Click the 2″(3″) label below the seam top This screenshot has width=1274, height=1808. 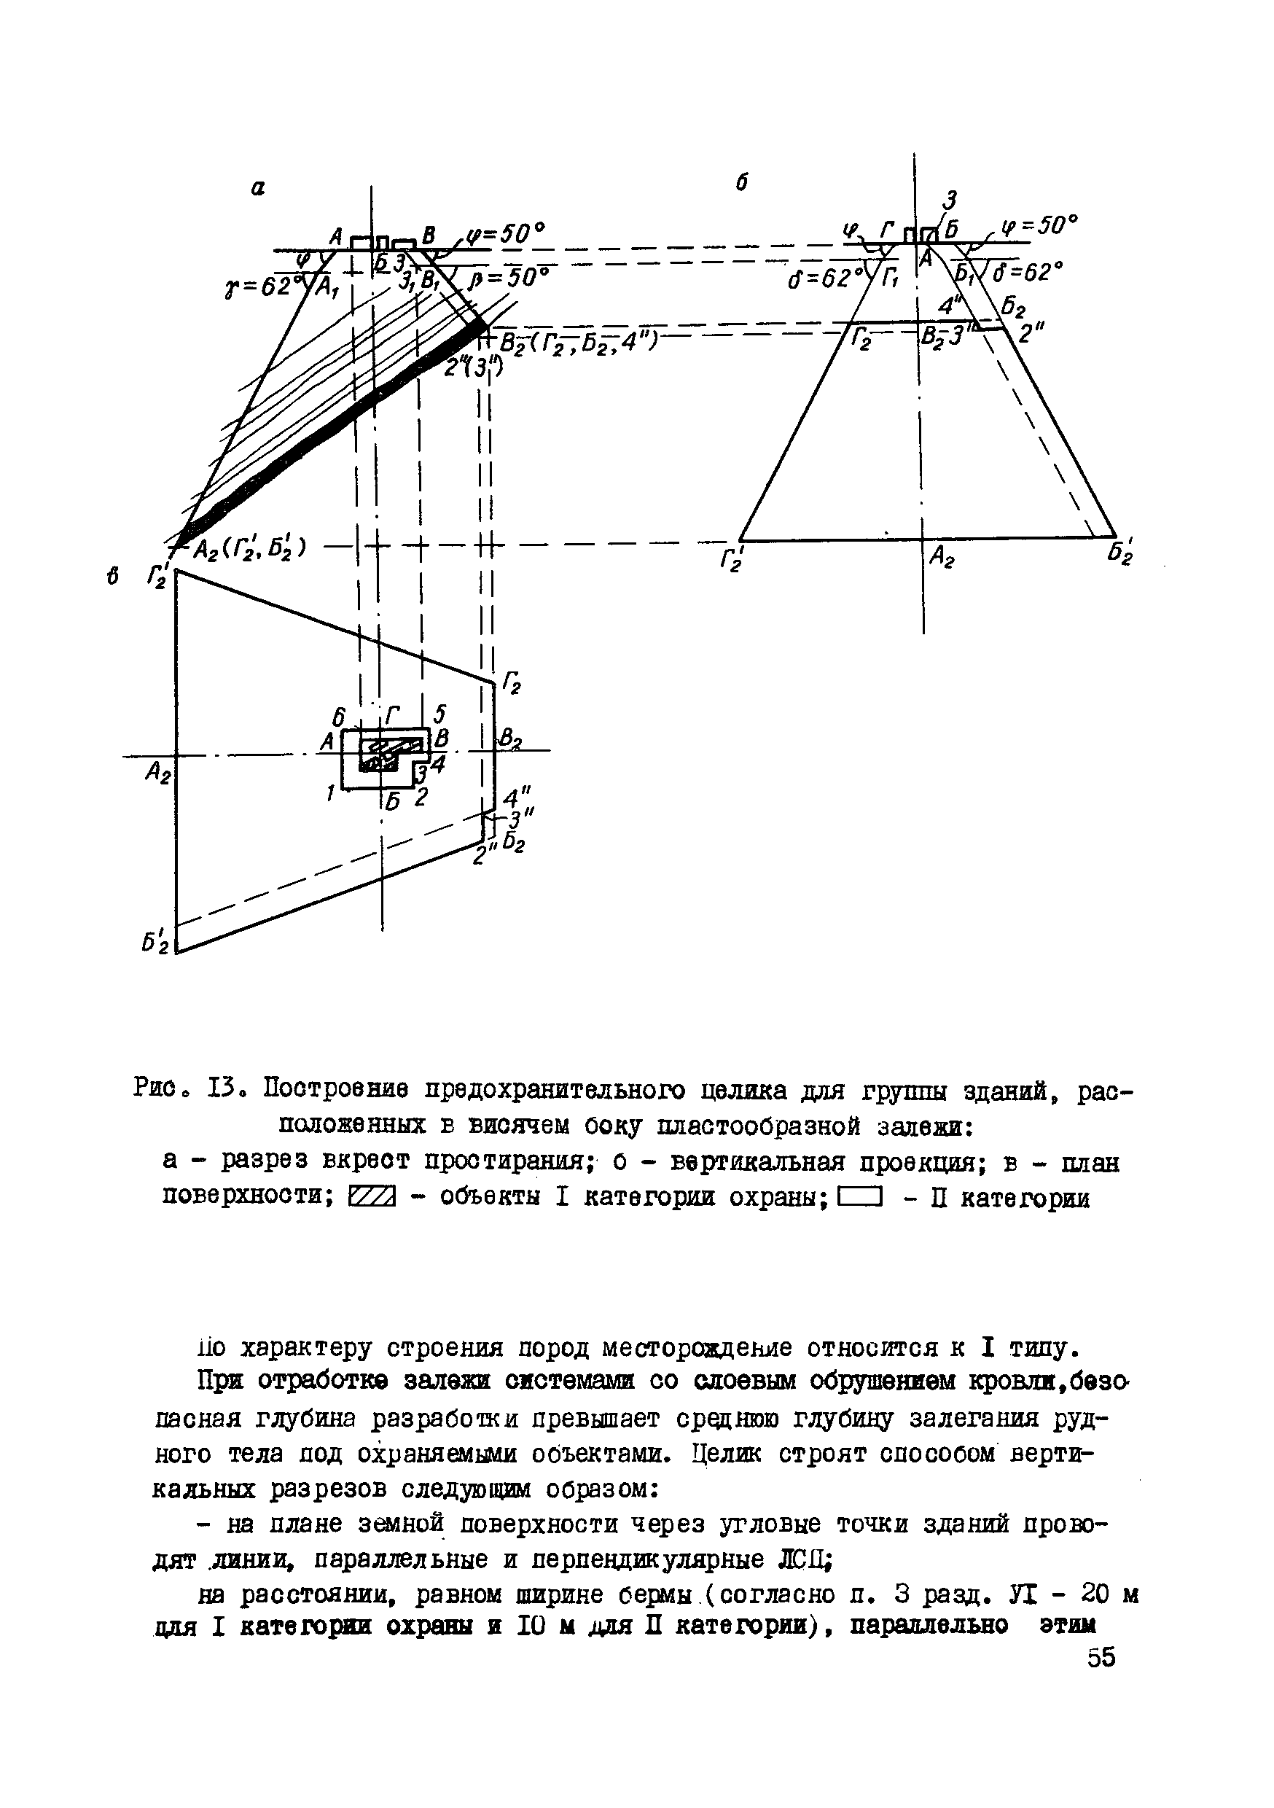(x=468, y=367)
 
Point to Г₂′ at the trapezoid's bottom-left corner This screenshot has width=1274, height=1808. (x=732, y=560)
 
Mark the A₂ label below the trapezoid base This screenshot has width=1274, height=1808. (x=942, y=558)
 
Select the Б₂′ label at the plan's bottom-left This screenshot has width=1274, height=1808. (x=155, y=942)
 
